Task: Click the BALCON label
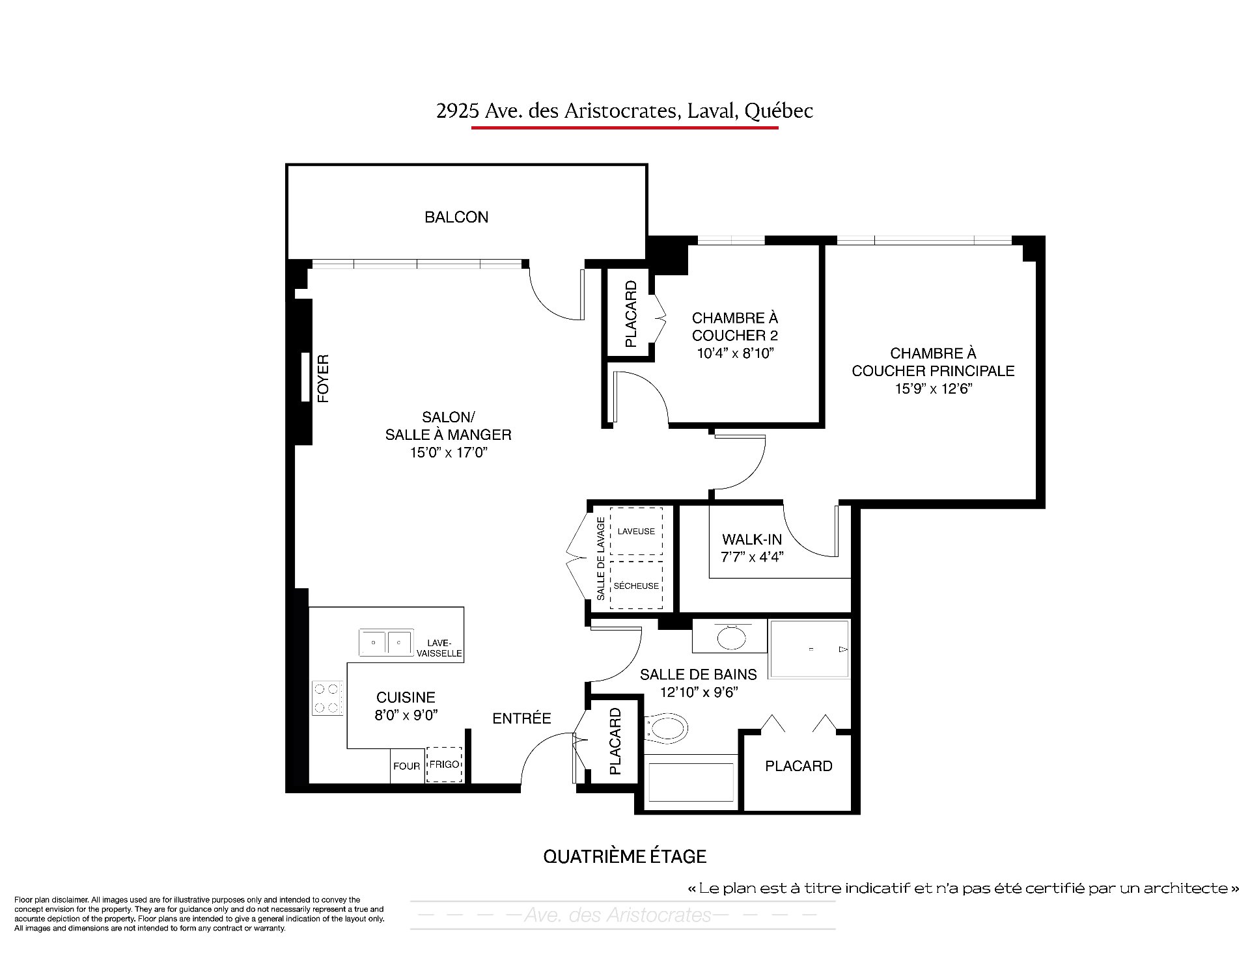[x=456, y=217]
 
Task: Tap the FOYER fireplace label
[x=323, y=378]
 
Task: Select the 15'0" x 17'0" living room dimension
[x=449, y=452]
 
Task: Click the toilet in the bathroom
[x=666, y=729]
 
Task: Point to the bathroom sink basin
[x=732, y=637]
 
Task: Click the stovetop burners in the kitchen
[x=327, y=698]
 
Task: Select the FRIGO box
[x=445, y=765]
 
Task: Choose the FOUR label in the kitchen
[x=406, y=767]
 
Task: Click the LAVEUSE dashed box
[x=636, y=531]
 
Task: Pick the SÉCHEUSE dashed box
[x=636, y=586]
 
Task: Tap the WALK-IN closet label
[x=752, y=539]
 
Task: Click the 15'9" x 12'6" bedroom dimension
[x=933, y=389]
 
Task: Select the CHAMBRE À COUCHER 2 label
[x=735, y=327]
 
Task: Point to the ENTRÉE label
[x=521, y=718]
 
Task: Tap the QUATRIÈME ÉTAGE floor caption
[x=625, y=856]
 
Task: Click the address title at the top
[x=624, y=111]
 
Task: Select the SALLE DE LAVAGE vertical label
[x=601, y=558]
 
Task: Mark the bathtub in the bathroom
[x=690, y=783]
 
